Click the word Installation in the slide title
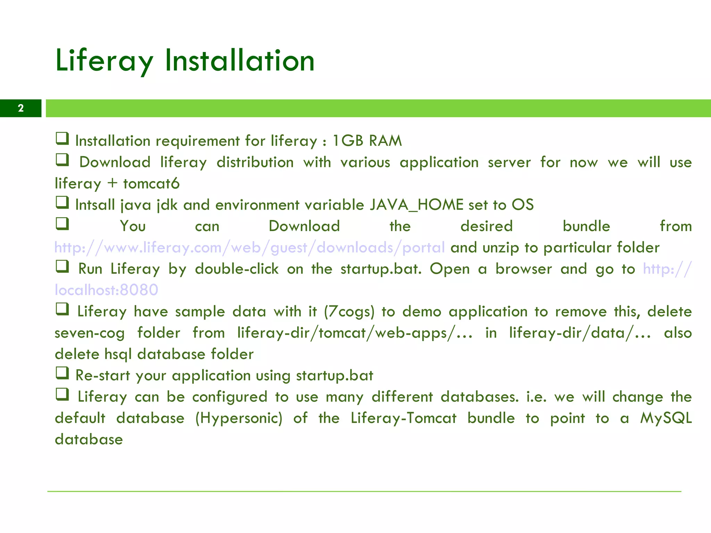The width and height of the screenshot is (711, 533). click(x=240, y=61)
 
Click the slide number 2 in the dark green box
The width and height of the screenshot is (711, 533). click(x=21, y=108)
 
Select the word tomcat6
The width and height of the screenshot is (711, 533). click(x=151, y=184)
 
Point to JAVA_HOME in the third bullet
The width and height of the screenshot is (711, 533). click(x=417, y=205)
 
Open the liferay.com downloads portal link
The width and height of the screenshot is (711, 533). click(x=250, y=248)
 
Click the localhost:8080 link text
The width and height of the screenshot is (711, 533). click(x=107, y=290)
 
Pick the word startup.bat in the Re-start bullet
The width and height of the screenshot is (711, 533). click(x=335, y=375)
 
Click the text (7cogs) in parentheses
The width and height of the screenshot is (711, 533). click(x=349, y=312)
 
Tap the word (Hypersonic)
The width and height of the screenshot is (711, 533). click(x=239, y=418)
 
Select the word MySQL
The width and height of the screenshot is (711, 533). click(x=666, y=418)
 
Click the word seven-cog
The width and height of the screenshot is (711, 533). click(x=90, y=333)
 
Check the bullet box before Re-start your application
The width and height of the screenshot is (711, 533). click(x=62, y=373)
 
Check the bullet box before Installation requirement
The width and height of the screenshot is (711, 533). click(x=62, y=138)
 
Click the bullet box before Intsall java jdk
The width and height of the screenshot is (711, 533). click(x=62, y=202)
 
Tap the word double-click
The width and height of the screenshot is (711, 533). click(x=237, y=269)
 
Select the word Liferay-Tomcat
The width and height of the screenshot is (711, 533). click(x=403, y=418)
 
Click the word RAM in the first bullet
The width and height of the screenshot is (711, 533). click(x=385, y=141)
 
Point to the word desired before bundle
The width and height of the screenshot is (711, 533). click(x=486, y=226)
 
